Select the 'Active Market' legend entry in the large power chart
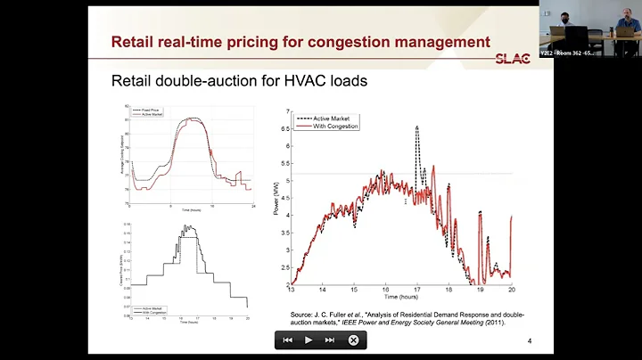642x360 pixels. click(336, 118)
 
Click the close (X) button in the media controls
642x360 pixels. click(353, 340)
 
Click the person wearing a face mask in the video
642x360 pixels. click(554, 23)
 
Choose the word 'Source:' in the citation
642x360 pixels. click(305, 315)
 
